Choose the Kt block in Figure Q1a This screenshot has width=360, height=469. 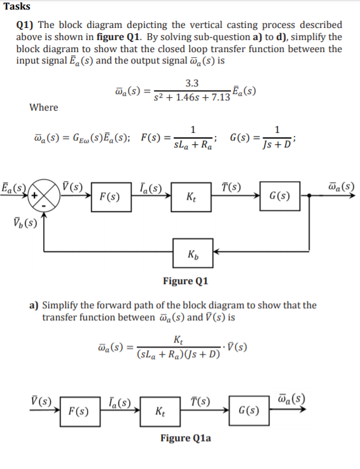161,411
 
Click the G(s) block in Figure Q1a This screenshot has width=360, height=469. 246,411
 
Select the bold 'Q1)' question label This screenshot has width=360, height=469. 27,25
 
